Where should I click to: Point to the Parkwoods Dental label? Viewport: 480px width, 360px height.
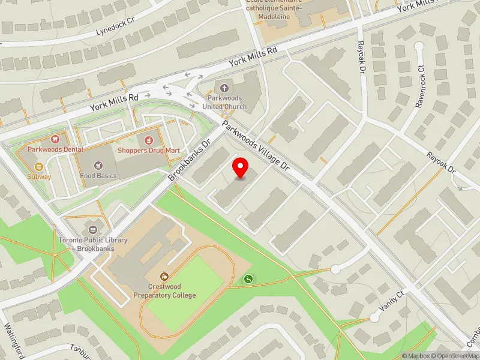(55, 149)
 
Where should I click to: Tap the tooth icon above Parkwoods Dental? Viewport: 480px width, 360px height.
(55, 139)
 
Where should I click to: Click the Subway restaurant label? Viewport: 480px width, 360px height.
(39, 177)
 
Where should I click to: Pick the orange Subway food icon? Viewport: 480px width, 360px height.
(39, 166)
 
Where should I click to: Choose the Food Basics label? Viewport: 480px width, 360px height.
(98, 176)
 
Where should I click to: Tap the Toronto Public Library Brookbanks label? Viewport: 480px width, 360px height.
(93, 244)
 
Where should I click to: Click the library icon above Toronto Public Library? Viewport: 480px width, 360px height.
(93, 229)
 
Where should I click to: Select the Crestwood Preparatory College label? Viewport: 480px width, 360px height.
(172, 291)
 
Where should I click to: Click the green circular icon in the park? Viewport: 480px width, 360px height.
(248, 278)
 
